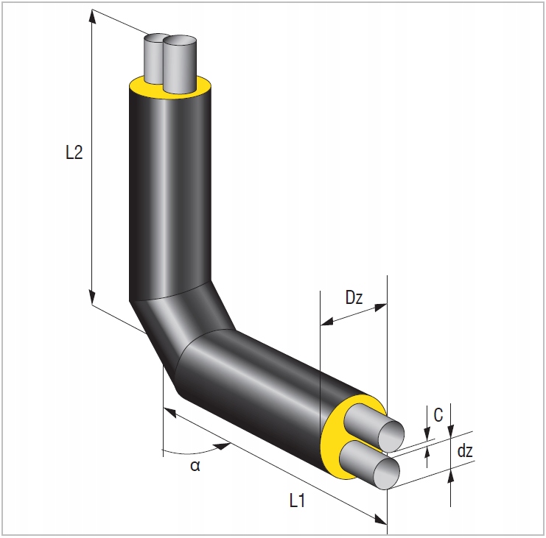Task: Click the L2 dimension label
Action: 73,152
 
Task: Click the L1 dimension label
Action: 298,501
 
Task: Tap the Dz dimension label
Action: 354,299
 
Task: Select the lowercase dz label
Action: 464,451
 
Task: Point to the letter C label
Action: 438,416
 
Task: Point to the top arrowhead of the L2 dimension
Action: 92,16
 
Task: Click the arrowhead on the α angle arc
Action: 221,445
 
